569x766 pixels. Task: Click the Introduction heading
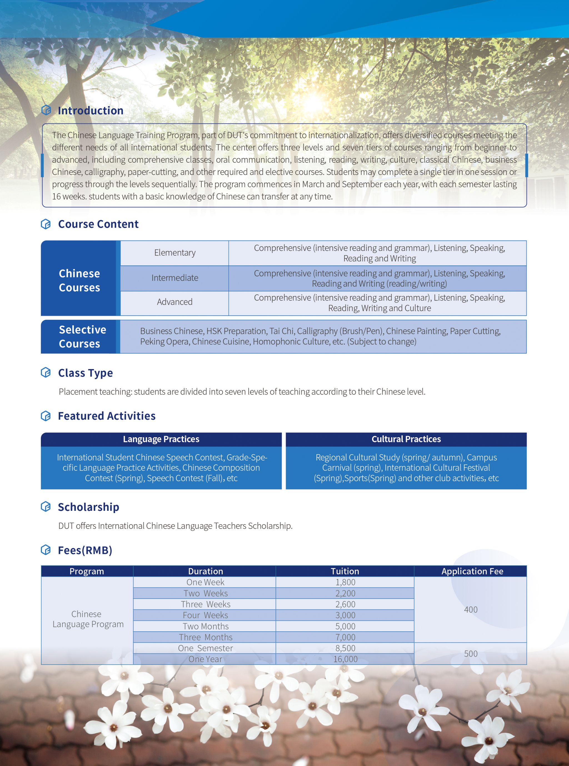coord(90,110)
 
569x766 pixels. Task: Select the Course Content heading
coord(98,224)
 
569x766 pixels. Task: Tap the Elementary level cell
coord(175,253)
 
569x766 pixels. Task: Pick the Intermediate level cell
coord(175,278)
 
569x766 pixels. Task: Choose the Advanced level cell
coord(175,302)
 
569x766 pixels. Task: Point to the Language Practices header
coord(161,439)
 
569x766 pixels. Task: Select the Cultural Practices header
coord(406,439)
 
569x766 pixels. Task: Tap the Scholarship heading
coord(89,507)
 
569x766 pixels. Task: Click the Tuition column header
coord(345,571)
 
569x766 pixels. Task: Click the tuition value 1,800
coord(345,582)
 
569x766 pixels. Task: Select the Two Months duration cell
coord(206,626)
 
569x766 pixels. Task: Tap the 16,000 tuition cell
coord(345,659)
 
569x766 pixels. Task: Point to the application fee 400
coord(470,610)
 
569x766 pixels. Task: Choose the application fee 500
coord(470,654)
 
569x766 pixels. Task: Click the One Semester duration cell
coord(206,648)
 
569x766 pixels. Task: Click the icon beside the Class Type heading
coord(46,372)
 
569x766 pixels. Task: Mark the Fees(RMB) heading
coord(85,550)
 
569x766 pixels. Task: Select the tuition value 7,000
coord(345,637)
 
